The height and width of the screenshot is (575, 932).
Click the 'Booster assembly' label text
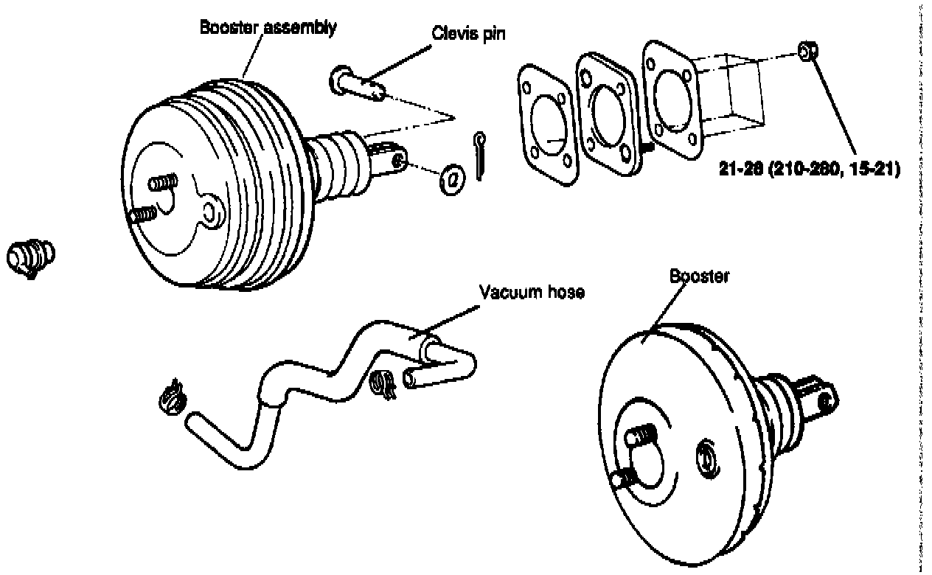pyautogui.click(x=268, y=28)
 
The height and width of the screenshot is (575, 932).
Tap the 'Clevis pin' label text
pyautogui.click(x=464, y=35)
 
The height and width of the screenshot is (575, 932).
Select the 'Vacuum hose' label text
pyautogui.click(x=532, y=292)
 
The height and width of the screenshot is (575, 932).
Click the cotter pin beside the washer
pyautogui.click(x=480, y=156)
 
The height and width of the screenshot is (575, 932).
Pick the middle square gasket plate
pyautogui.click(x=606, y=112)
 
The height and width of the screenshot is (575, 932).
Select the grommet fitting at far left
pyautogui.click(x=31, y=257)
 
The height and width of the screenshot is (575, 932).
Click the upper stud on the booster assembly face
pyautogui.click(x=165, y=181)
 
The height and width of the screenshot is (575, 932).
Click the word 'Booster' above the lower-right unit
pyautogui.click(x=699, y=276)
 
